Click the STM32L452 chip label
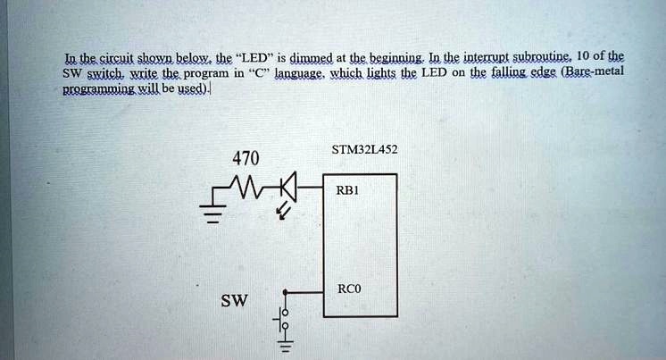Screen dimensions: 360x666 coord(364,150)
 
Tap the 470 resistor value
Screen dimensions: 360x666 coord(244,159)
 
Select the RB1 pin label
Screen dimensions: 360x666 coord(347,189)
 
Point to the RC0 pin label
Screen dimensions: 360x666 coord(349,289)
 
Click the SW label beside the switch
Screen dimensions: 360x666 coord(235,301)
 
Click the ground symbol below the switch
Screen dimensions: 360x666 coord(285,348)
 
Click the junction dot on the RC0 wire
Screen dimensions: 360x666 coord(285,290)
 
